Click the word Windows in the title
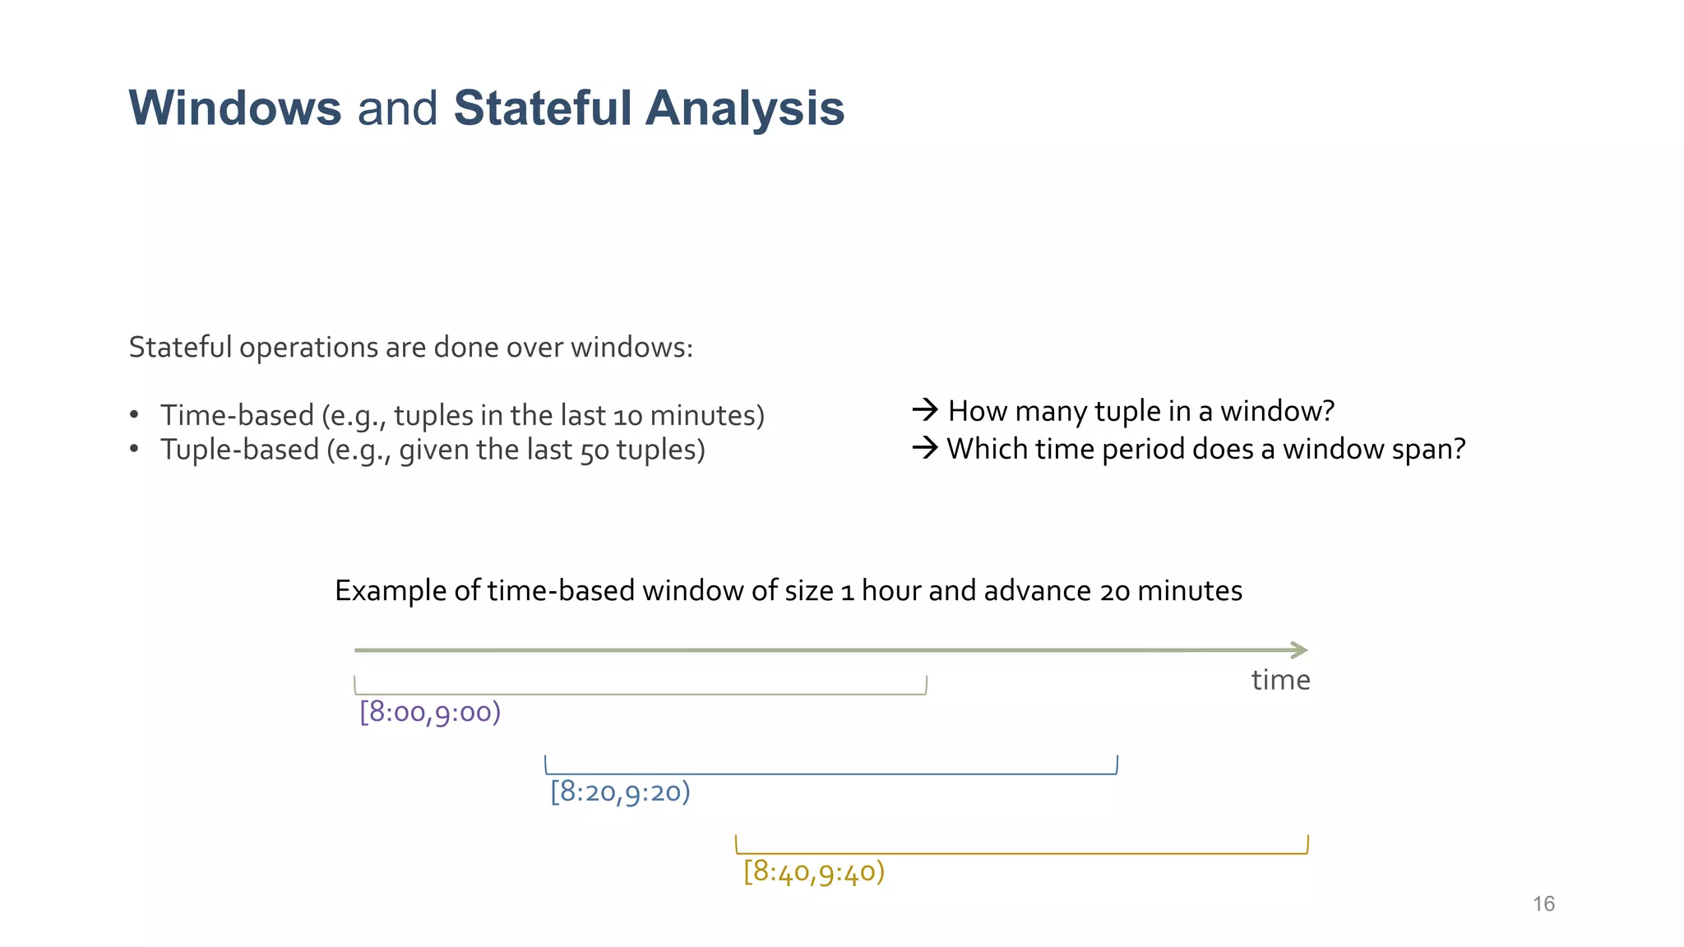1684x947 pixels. pyautogui.click(x=234, y=109)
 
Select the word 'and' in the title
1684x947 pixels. pyautogui.click(x=397, y=109)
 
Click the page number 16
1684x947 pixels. pyautogui.click(x=1543, y=904)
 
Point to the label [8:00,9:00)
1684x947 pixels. pyautogui.click(x=430, y=712)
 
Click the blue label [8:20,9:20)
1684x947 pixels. pyautogui.click(x=620, y=792)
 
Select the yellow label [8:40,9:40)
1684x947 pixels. pyautogui.click(x=813, y=871)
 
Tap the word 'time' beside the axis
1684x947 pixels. pyautogui.click(x=1280, y=681)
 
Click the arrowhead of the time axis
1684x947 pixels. pyautogui.click(x=1300, y=650)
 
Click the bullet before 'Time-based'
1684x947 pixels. pyautogui.click(x=134, y=415)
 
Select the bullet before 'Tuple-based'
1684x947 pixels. pyautogui.click(x=134, y=450)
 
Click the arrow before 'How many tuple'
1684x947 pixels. pyautogui.click(x=925, y=409)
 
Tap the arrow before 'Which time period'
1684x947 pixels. pyautogui.click(x=925, y=448)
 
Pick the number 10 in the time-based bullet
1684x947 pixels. pyautogui.click(x=627, y=417)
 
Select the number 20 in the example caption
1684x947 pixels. pyautogui.click(x=1114, y=592)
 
